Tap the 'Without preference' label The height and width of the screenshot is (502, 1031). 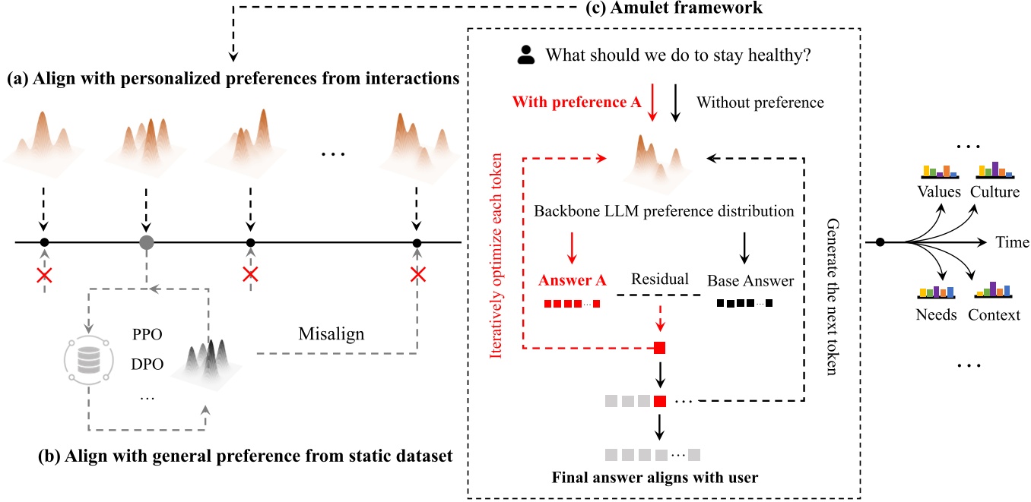[x=760, y=101]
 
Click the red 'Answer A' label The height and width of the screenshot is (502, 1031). [x=573, y=280]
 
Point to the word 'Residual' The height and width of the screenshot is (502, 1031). [x=660, y=279]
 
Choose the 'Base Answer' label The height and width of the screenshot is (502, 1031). [x=750, y=280]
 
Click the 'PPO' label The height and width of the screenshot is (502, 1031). [x=148, y=334]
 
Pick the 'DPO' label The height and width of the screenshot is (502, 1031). [x=148, y=364]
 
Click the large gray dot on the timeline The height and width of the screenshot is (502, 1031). [x=148, y=243]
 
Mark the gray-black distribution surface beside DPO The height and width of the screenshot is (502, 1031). [x=210, y=358]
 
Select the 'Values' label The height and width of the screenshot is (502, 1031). [x=939, y=192]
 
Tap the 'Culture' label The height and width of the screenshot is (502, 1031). [x=995, y=192]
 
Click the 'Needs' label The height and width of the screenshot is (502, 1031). [x=937, y=314]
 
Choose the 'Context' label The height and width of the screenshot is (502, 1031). [x=994, y=314]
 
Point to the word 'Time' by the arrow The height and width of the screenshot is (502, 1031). [x=1012, y=242]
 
